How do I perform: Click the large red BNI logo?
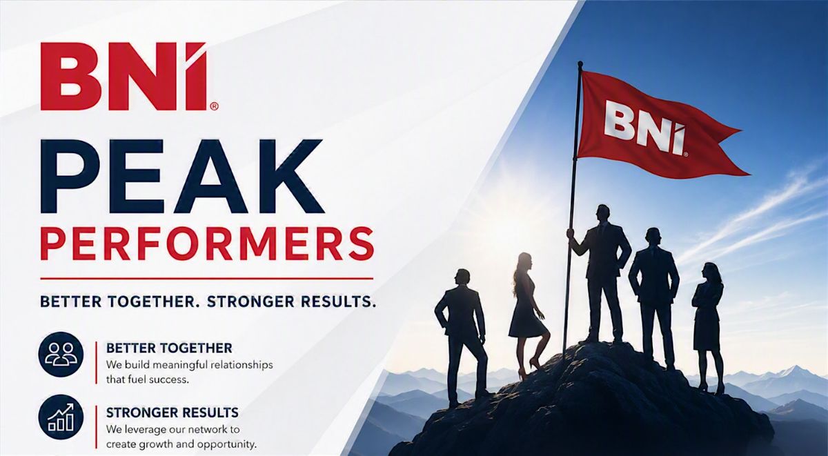[124, 76]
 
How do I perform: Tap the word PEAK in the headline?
[183, 177]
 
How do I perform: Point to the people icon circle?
[61, 355]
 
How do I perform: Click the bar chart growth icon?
[61, 417]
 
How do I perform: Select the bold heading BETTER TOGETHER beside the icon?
[169, 348]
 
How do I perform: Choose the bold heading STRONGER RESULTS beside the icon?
[172, 413]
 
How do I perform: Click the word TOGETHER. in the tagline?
[151, 301]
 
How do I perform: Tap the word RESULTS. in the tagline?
[337, 301]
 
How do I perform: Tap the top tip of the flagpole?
[580, 63]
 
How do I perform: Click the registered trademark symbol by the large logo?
[214, 107]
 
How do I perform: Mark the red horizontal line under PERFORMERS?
[206, 278]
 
